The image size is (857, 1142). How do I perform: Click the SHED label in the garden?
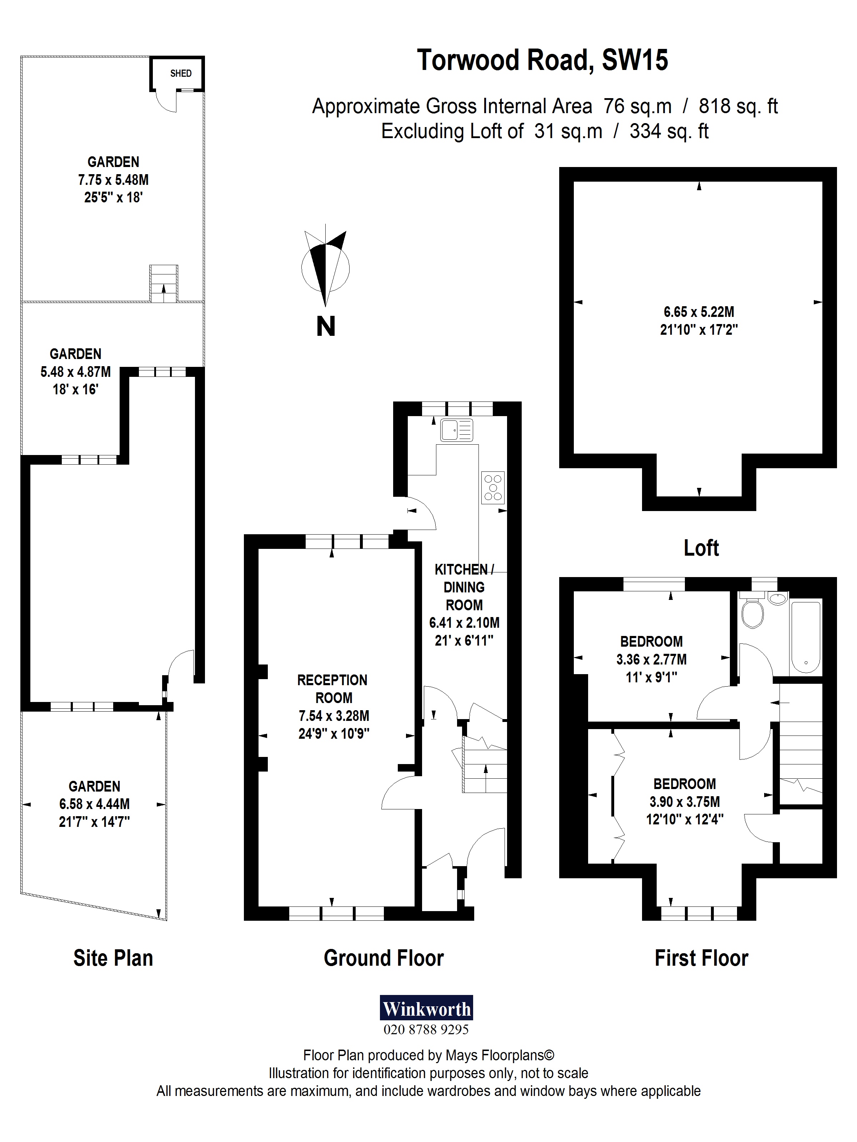point(181,73)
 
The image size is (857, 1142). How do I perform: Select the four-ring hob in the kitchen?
point(493,487)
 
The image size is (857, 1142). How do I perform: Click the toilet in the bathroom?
point(752,613)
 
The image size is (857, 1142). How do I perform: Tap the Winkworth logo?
point(426,1008)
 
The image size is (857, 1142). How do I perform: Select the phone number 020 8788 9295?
point(426,1030)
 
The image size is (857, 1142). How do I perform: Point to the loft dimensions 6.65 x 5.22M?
point(698,312)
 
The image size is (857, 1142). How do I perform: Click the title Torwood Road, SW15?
point(542,60)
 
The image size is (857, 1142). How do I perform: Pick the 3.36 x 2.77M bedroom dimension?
point(651,659)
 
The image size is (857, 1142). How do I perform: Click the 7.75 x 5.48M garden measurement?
point(113,180)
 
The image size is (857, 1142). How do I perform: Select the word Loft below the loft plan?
point(701,548)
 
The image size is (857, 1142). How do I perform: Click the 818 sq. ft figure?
point(738,106)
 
